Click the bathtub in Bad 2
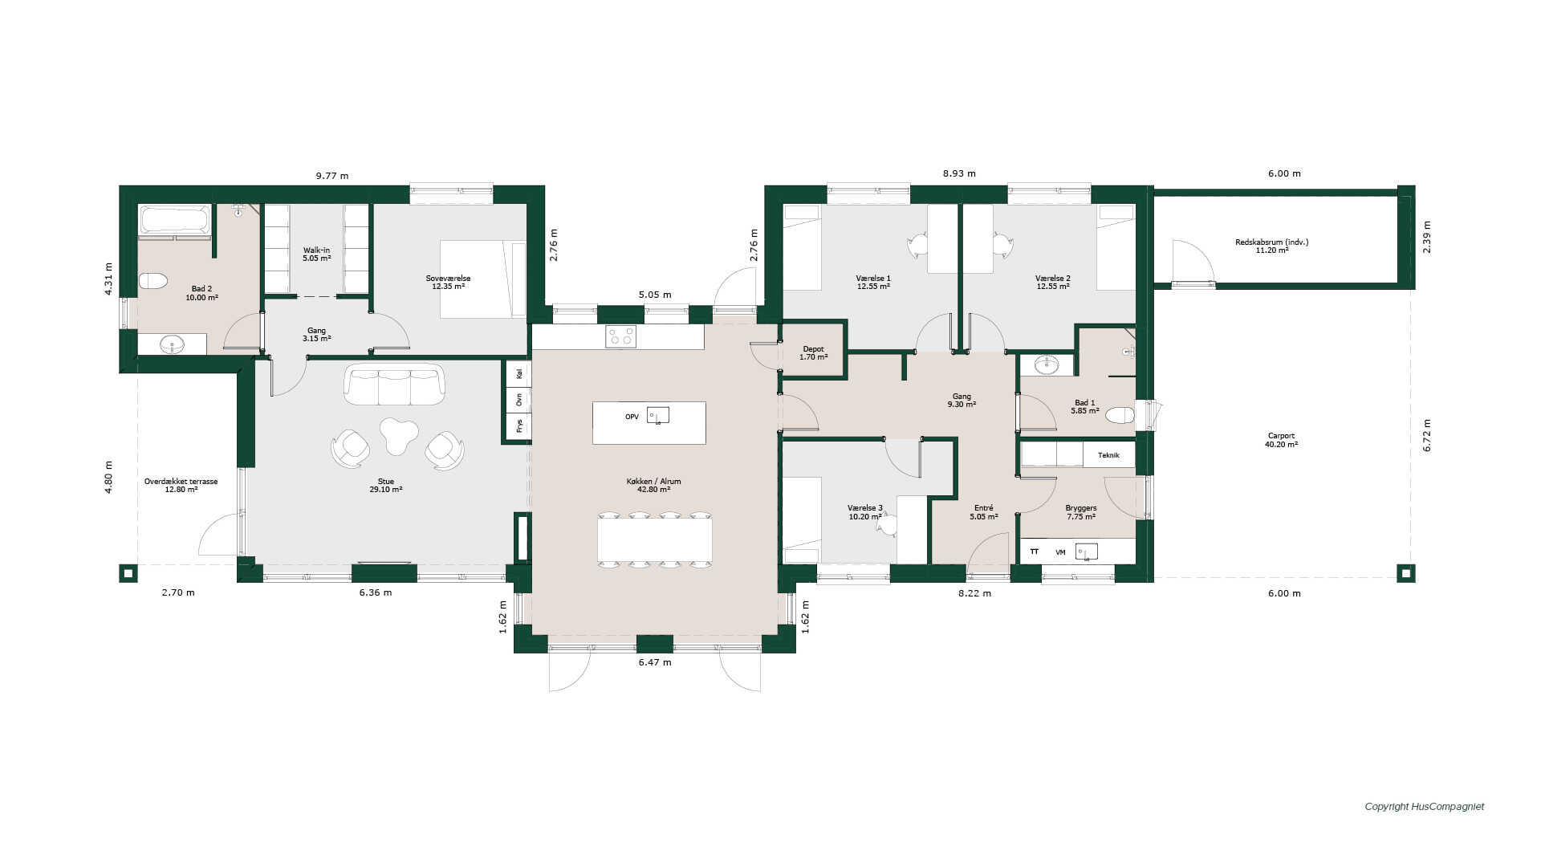175,219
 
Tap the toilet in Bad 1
1120,415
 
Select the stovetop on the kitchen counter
620,336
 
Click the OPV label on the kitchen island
632,417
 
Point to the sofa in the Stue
394,385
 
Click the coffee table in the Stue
398,435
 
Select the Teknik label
1108,455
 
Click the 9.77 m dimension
332,176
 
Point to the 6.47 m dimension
655,662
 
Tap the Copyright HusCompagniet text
1425,807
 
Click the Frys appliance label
519,425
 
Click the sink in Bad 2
172,344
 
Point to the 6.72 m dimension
1427,435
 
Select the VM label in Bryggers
1060,552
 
